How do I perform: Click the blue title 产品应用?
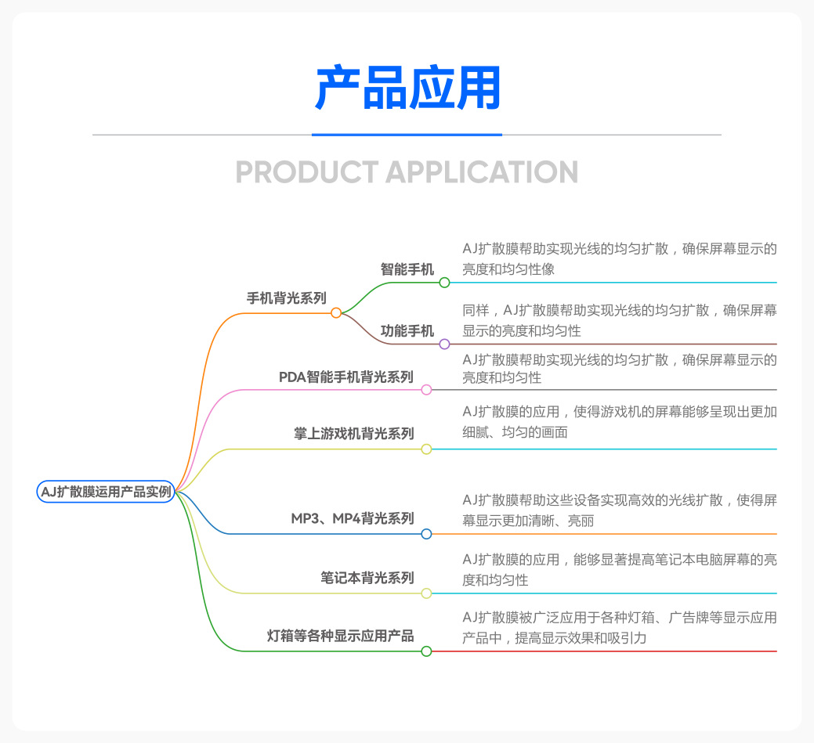tap(407, 88)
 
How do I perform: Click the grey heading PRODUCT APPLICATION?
tap(407, 171)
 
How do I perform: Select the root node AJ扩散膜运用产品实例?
tap(106, 492)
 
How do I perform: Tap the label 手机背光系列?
tap(287, 298)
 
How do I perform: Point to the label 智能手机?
tap(407, 269)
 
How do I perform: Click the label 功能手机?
tap(407, 330)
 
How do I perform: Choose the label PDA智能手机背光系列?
tap(346, 377)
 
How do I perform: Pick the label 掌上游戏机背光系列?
tap(354, 433)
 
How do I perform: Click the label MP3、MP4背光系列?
tap(353, 518)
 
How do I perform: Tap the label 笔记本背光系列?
tap(367, 578)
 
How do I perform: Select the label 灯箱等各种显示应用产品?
tap(341, 636)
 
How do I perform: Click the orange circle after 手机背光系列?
tap(336, 313)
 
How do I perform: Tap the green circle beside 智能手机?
tap(444, 283)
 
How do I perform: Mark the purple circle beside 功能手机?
tap(444, 344)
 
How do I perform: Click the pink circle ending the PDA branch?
tap(426, 390)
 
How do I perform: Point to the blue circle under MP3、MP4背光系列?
tap(426, 534)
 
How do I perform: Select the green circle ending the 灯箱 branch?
tap(426, 651)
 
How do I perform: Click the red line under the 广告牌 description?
tap(604, 651)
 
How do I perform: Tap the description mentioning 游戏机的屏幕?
tap(620, 422)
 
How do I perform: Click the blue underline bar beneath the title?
tap(407, 135)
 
